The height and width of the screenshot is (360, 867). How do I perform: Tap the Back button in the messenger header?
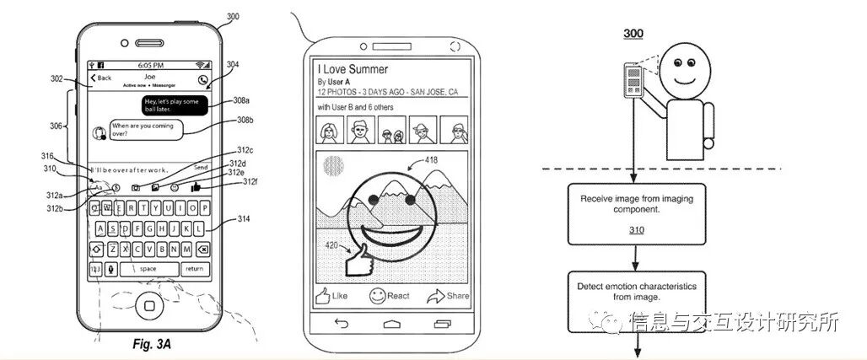(x=100, y=78)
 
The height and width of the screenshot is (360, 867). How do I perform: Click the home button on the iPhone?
(x=151, y=305)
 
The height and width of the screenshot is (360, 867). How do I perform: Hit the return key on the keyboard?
(x=195, y=269)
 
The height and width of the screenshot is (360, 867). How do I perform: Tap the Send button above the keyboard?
(x=200, y=168)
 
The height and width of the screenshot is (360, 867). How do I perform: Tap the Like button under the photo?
(x=331, y=296)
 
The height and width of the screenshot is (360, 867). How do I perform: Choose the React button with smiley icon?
(x=388, y=296)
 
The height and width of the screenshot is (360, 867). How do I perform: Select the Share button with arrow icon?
(x=447, y=296)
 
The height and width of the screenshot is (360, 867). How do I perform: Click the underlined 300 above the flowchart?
(x=633, y=35)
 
